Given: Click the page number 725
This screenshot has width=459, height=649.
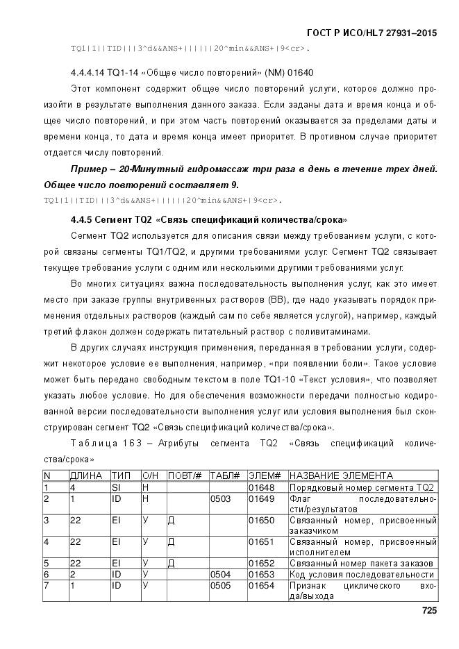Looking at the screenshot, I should (x=428, y=610).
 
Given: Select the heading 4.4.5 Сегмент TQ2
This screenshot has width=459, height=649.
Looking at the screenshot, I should (x=209, y=220).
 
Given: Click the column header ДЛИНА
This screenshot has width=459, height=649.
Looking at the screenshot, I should (x=86, y=475).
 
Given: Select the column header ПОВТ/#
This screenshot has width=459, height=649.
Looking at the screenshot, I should (x=185, y=475).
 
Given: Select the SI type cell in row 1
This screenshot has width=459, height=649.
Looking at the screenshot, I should (x=116, y=487).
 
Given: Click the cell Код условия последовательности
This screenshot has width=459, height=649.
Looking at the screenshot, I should (x=361, y=575).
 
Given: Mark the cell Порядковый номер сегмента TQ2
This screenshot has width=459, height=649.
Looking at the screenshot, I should (x=361, y=487).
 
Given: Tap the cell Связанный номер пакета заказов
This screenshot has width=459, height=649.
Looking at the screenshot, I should (x=361, y=563).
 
